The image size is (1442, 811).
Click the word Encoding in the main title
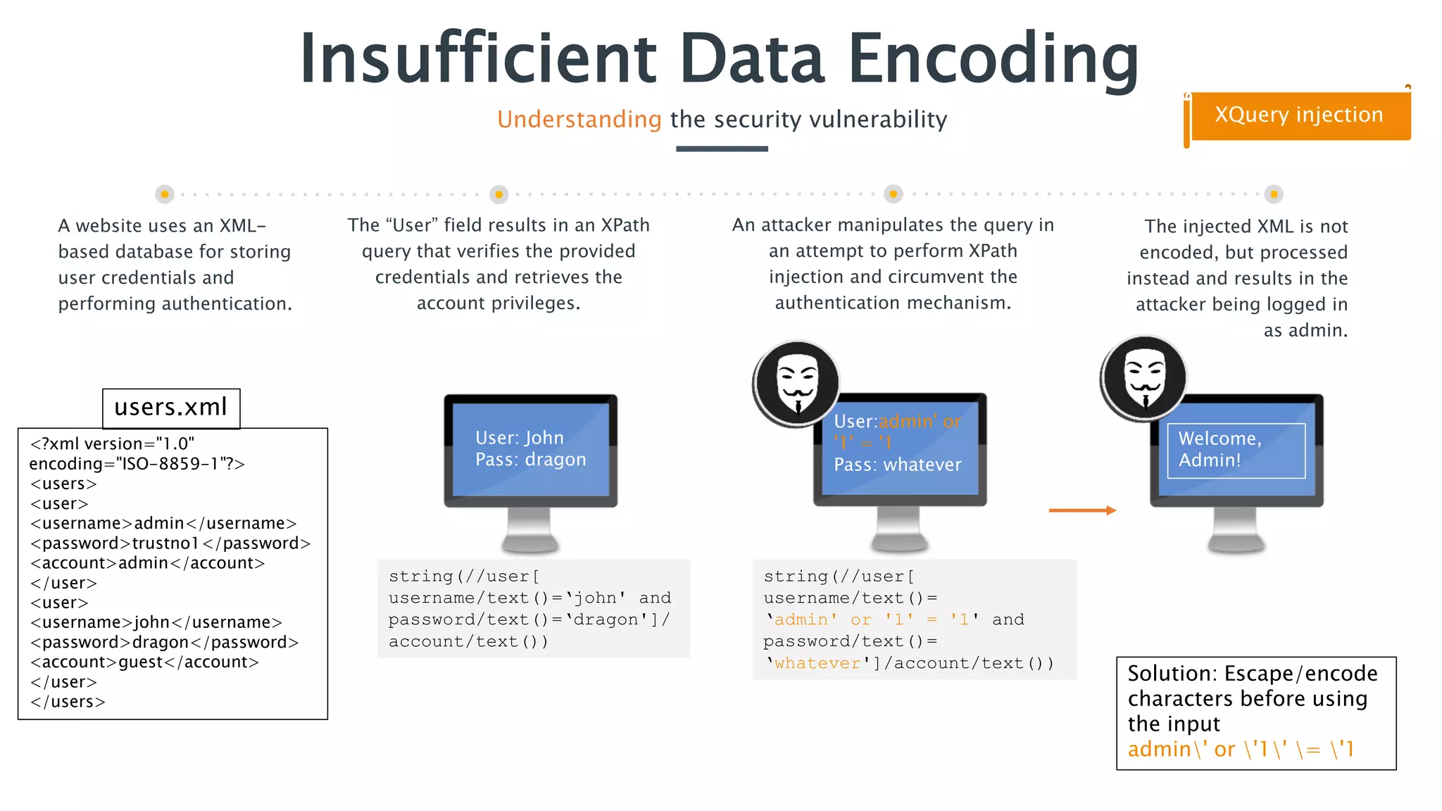pyautogui.click(x=993, y=59)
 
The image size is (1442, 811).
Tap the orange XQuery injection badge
pyautogui.click(x=1299, y=115)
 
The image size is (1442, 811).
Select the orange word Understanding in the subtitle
pyautogui.click(x=579, y=120)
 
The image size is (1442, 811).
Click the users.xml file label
pyautogui.click(x=171, y=408)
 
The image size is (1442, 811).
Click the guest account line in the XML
pyautogui.click(x=144, y=662)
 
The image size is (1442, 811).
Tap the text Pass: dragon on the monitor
pyautogui.click(x=530, y=460)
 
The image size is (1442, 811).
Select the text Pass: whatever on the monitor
pyautogui.click(x=897, y=465)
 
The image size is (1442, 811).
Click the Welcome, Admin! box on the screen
pyautogui.click(x=1236, y=450)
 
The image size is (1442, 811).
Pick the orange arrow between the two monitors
pyautogui.click(x=1082, y=510)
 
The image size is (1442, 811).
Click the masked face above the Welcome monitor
pyautogui.click(x=1144, y=378)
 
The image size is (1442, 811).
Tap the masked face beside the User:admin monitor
pyautogui.click(x=797, y=384)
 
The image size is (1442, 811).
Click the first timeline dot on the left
pyautogui.click(x=165, y=194)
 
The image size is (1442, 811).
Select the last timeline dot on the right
pyautogui.click(x=1273, y=194)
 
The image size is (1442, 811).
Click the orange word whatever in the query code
pyautogui.click(x=817, y=663)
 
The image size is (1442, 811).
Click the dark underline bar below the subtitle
pyautogui.click(x=722, y=149)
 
